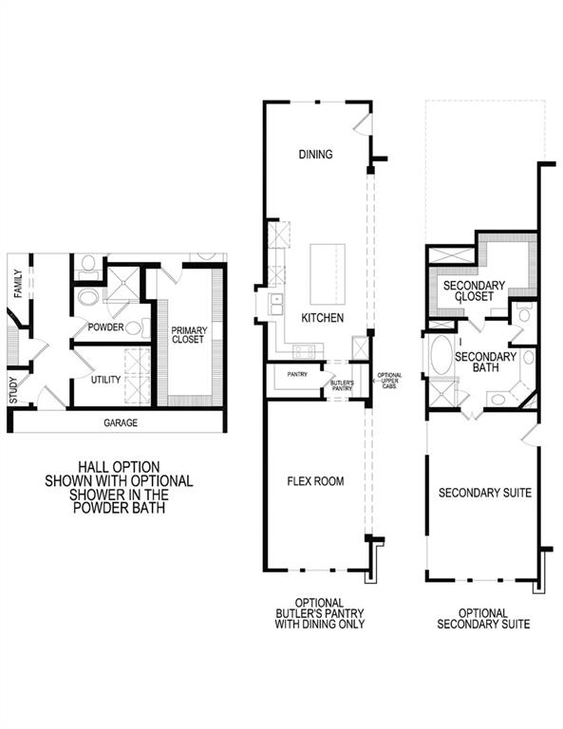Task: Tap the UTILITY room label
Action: [105, 380]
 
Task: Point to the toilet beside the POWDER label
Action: [134, 329]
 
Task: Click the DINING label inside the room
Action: [315, 154]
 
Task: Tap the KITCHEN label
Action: [322, 318]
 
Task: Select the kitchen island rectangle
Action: [327, 271]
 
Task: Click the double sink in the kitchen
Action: [275, 304]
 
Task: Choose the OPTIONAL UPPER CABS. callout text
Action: [389, 381]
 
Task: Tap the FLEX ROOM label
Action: [315, 481]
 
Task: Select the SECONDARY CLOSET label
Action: [478, 290]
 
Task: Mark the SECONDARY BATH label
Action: [485, 363]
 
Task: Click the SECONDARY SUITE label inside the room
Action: [483, 493]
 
